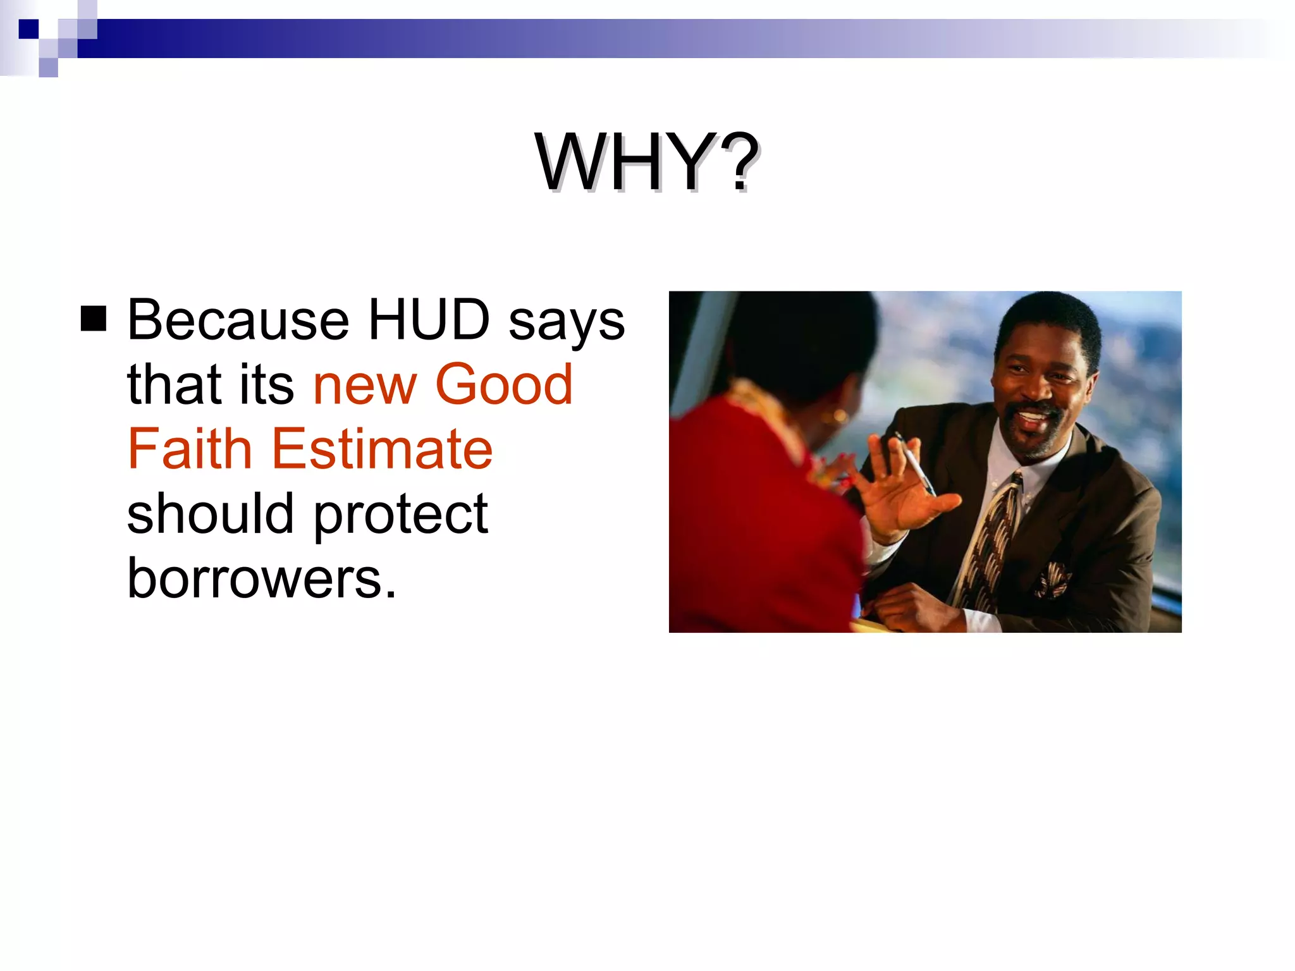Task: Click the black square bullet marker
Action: point(94,319)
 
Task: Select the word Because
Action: point(238,320)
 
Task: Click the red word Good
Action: point(504,384)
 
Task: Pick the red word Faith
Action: point(190,449)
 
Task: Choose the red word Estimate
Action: point(382,449)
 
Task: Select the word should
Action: point(211,513)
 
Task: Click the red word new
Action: point(365,387)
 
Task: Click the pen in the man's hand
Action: point(914,463)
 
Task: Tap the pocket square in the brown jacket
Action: point(1052,578)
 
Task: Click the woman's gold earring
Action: point(840,417)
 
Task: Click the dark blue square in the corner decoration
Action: point(28,29)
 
